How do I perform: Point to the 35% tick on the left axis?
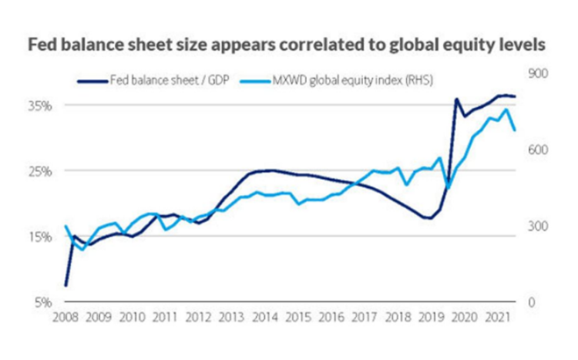coord(41,105)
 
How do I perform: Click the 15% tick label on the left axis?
coord(41,236)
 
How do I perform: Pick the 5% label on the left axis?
coord(42,301)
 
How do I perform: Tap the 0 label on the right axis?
coord(531,301)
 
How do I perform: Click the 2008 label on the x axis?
coord(66,317)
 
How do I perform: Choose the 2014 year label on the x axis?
coord(264,317)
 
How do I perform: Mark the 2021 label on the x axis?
coord(497,317)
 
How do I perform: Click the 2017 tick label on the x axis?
coord(364,317)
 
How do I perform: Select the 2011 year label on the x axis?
coord(165,317)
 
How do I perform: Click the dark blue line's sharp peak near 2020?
coord(456,99)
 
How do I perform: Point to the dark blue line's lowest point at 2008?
coord(66,285)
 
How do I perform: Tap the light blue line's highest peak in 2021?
coord(506,109)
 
